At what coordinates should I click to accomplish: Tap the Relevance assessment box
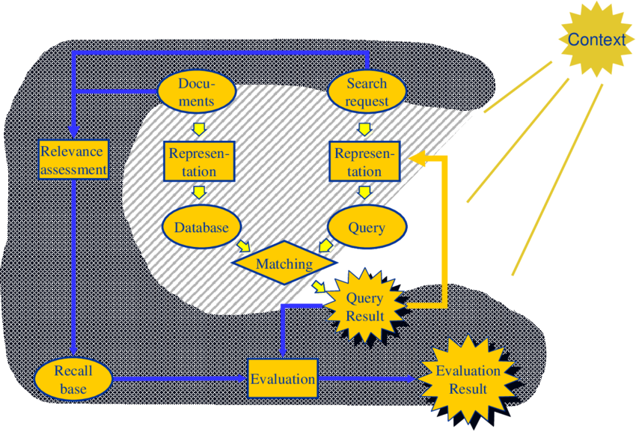(73, 160)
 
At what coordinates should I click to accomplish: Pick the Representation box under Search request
(364, 162)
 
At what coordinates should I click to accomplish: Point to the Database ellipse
(201, 227)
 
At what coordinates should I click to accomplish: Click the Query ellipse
(367, 227)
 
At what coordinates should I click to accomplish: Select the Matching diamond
(284, 264)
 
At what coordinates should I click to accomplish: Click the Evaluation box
(283, 378)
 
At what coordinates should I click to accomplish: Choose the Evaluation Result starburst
(468, 380)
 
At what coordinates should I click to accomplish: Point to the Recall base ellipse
(73, 380)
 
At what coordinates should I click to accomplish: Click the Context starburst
(596, 40)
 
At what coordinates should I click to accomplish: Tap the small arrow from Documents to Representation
(198, 128)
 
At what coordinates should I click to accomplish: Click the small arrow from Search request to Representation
(364, 128)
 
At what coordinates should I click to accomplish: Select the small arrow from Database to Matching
(244, 246)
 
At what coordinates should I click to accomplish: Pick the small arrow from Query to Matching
(325, 246)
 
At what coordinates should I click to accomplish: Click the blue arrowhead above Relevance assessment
(73, 132)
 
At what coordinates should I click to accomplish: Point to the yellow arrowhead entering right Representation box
(416, 158)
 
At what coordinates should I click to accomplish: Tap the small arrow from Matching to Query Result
(320, 287)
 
